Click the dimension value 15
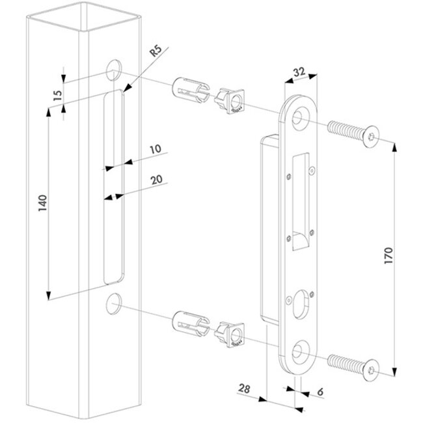[57, 94]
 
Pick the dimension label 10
[154, 149]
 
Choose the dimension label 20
[155, 180]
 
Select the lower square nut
[231, 333]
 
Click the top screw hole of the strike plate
[300, 117]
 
